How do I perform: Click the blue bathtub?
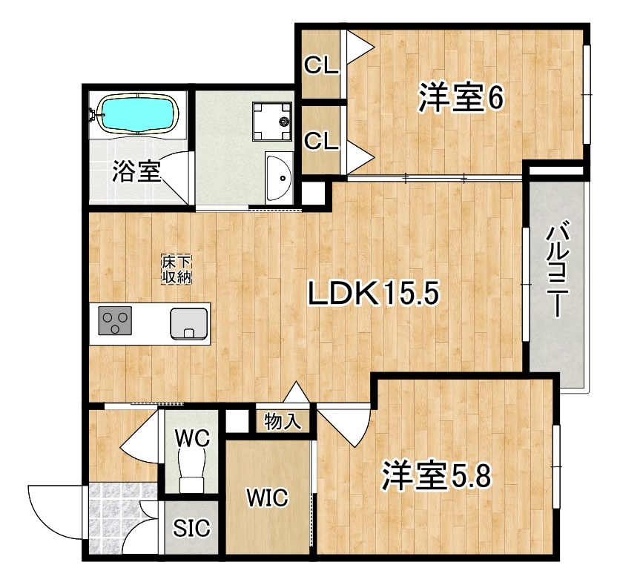tap(138, 114)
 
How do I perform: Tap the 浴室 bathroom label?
tap(136, 171)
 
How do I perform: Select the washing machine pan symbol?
tap(272, 122)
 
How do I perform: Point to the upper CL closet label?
tap(321, 65)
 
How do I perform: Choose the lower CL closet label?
tap(321, 141)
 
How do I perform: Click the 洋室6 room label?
tap(461, 97)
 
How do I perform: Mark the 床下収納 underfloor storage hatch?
tap(176, 269)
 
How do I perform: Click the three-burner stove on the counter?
tap(115, 320)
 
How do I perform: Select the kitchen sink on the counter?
tap(189, 324)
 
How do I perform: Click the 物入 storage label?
tap(283, 421)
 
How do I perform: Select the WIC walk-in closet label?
tap(267, 498)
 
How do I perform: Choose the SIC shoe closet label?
tap(191, 528)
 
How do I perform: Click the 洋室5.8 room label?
tap(436, 477)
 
